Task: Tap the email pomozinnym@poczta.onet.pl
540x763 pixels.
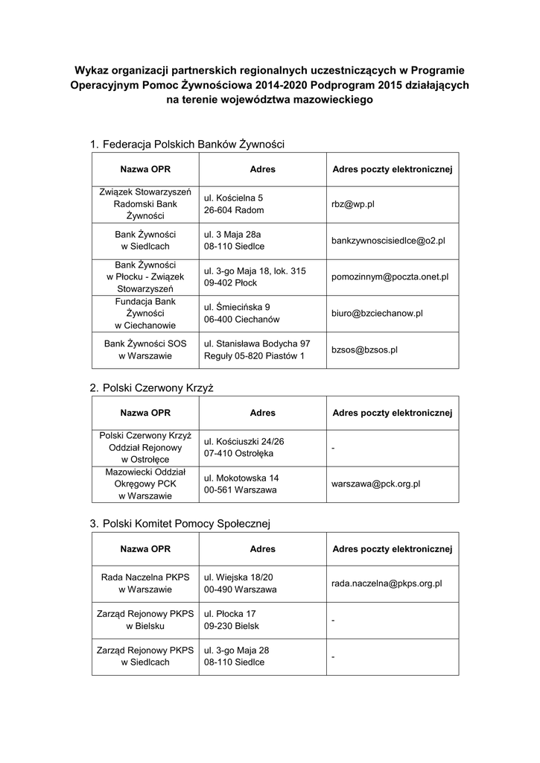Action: coord(390,276)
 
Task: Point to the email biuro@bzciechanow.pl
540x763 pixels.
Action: coord(377,313)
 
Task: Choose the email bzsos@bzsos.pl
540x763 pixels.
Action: coord(364,349)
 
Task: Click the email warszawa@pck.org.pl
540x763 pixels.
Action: coord(375,484)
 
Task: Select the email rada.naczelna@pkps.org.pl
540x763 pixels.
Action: coord(387,583)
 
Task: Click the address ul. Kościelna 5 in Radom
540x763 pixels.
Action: coord(233,204)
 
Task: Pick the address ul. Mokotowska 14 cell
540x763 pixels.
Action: coord(241,484)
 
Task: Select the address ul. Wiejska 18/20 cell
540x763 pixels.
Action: coord(240,583)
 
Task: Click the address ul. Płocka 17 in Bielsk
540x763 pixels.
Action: coord(232,620)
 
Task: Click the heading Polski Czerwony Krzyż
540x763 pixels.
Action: coord(158,388)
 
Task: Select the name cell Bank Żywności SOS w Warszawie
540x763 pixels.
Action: coord(145,349)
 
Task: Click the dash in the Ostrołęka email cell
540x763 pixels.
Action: coord(333,448)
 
